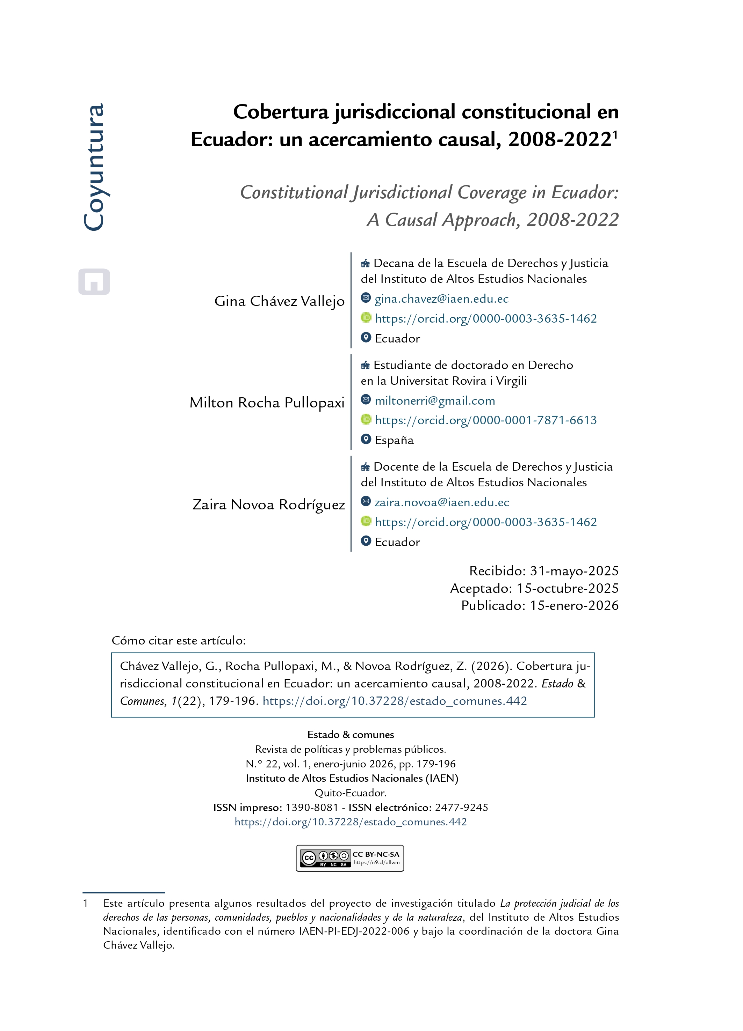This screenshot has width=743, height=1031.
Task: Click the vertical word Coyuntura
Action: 94,167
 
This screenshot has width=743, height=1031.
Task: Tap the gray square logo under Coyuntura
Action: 94,281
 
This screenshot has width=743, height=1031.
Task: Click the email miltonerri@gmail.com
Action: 434,400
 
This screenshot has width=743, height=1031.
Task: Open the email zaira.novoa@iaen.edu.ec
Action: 442,502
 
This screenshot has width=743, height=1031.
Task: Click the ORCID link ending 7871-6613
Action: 486,420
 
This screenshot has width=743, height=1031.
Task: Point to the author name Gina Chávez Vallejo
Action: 279,301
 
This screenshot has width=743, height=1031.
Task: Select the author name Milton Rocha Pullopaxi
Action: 267,403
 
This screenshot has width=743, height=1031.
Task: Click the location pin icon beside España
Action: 366,439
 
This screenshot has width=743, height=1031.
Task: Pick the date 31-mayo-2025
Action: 574,571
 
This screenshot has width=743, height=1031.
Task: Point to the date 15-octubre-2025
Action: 567,588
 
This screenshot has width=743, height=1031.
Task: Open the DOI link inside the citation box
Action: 395,701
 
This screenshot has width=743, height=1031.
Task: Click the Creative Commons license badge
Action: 349,858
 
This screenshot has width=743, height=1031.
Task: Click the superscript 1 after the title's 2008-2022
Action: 615,134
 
